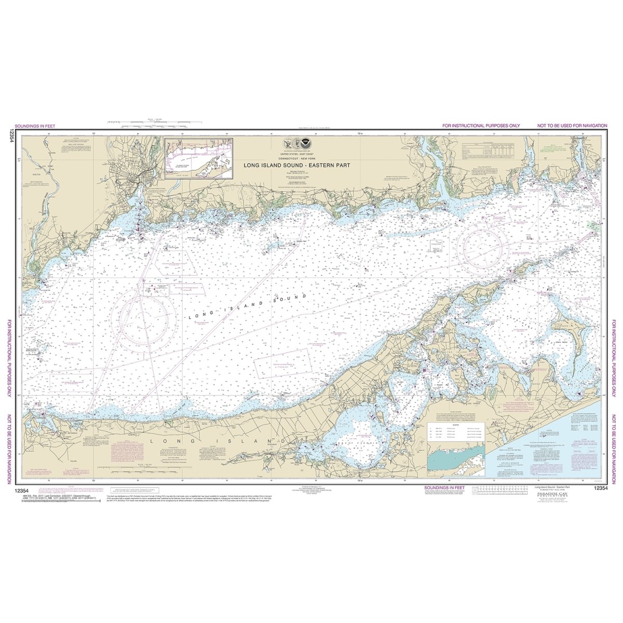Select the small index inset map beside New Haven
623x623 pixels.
[199, 158]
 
